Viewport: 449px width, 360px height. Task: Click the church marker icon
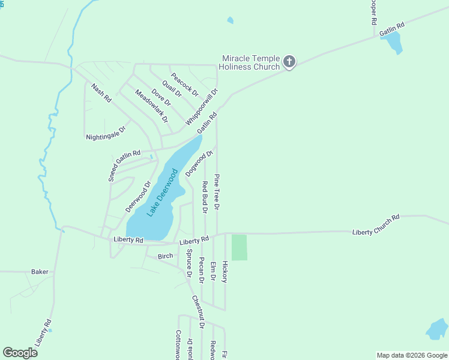pyautogui.click(x=289, y=61)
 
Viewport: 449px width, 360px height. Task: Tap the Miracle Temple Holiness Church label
pyautogui.click(x=251, y=62)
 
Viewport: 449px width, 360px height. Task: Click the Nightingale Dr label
pyautogui.click(x=106, y=133)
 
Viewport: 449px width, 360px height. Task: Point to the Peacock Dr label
pyautogui.click(x=184, y=83)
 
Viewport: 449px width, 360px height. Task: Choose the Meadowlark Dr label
pyautogui.click(x=151, y=106)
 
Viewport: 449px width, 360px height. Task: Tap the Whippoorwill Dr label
pyautogui.click(x=201, y=107)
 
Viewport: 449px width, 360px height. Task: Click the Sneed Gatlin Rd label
pyautogui.click(x=124, y=166)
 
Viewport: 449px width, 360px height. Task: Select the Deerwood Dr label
pyautogui.click(x=137, y=196)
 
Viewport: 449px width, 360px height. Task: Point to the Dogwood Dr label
pyautogui.click(x=199, y=164)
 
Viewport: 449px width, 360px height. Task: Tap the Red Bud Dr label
pyautogui.click(x=204, y=197)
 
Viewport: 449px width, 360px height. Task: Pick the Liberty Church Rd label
pyautogui.click(x=376, y=225)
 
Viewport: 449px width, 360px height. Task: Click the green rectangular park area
pyautogui.click(x=240, y=247)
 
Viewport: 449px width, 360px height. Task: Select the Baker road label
pyautogui.click(x=40, y=272)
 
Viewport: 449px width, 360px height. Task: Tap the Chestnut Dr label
pyautogui.click(x=198, y=311)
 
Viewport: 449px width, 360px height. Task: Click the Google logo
pyautogui.click(x=20, y=352)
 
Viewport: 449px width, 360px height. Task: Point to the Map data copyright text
pyautogui.click(x=412, y=355)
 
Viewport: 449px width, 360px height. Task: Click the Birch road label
pyautogui.click(x=165, y=256)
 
